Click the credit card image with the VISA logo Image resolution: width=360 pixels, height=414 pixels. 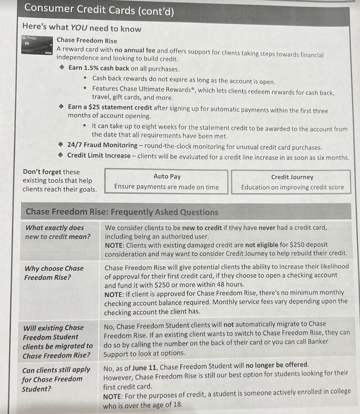pyautogui.click(x=37, y=45)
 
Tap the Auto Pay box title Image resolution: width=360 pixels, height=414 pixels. pyautogui.click(x=167, y=176)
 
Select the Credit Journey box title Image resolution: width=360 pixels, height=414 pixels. pyautogui.click(x=292, y=177)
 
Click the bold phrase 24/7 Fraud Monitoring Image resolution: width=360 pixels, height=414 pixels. pyautogui.click(x=102, y=145)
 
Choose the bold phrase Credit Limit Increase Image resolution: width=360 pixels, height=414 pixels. pyautogui.click(x=99, y=156)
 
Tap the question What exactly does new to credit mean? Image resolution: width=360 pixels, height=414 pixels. pyautogui.click(x=58, y=232)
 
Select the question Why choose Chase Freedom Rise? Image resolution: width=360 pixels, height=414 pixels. pyautogui.click(x=54, y=273)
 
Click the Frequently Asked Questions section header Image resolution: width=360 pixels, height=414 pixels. pyautogui.click(x=122, y=212)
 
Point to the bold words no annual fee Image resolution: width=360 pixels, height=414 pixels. pyautogui.click(x=135, y=50)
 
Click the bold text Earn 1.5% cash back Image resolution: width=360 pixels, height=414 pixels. pyautogui.click(x=99, y=68)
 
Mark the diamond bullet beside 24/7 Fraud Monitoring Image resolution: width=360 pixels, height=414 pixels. pyautogui.click(x=61, y=144)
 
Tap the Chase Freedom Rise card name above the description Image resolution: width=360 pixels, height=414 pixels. pyautogui.click(x=87, y=40)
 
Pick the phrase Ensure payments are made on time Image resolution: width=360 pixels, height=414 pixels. pyautogui.click(x=167, y=187)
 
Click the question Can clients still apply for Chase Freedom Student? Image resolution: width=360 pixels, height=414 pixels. pyautogui.click(x=56, y=379)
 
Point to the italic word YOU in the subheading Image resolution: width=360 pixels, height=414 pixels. pyautogui.click(x=79, y=27)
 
